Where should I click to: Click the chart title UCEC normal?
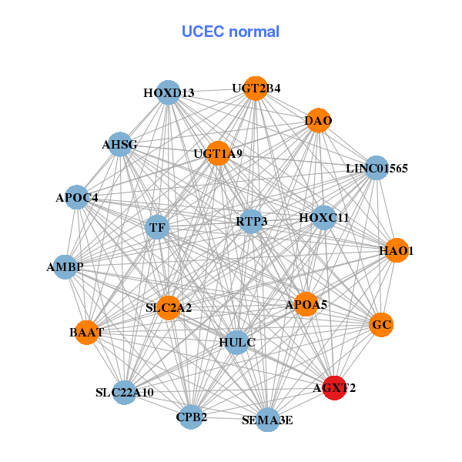point(230,32)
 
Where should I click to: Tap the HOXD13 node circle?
point(168,93)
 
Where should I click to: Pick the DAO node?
point(318,121)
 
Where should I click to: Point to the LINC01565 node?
point(375,168)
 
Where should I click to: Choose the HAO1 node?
point(396,251)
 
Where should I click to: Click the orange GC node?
point(381,325)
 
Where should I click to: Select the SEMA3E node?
point(267,420)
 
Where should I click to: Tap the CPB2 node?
point(191,417)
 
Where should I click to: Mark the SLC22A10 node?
point(125,393)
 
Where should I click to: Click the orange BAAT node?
point(85,333)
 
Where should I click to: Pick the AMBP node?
point(65,267)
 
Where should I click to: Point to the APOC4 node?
point(76,198)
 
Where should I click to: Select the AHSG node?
point(119,145)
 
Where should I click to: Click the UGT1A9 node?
point(218,153)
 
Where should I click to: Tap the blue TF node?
point(157,228)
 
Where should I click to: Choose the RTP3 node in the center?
point(251,222)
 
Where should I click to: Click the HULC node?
point(236,342)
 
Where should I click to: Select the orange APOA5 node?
point(306,305)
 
